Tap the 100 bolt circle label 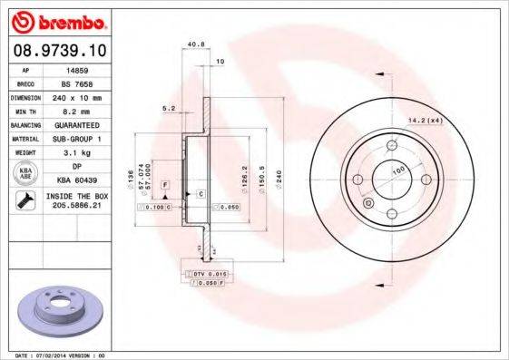click(396, 170)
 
